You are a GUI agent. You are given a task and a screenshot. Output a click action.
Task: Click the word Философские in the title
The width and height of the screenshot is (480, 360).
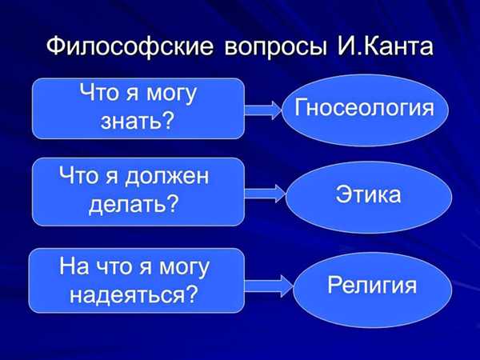coord(130,46)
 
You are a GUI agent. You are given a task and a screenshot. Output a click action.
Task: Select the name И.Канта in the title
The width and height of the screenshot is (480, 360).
coord(385,46)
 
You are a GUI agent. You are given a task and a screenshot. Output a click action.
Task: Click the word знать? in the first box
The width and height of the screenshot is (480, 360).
coord(137,121)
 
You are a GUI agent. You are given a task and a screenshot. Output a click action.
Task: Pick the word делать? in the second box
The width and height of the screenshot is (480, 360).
coord(134,204)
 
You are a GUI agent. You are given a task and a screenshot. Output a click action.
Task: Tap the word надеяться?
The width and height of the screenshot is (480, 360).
coord(133,295)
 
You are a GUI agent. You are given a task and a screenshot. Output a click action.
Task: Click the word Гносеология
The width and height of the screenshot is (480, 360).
coord(364,108)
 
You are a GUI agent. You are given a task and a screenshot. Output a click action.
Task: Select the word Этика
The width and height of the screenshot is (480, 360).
coord(368,194)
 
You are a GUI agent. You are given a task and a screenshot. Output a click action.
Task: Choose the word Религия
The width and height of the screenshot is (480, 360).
coord(372,286)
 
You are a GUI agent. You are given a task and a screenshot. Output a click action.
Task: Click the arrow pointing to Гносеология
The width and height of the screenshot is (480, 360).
coord(263,110)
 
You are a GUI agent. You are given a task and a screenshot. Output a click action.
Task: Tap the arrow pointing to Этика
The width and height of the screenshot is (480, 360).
coord(265,194)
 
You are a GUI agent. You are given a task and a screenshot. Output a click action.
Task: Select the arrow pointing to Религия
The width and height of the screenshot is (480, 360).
coord(269,286)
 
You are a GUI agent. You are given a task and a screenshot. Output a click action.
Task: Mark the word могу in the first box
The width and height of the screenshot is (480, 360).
coord(171,94)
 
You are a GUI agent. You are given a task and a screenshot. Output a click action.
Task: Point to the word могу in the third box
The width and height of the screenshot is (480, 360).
coord(184,267)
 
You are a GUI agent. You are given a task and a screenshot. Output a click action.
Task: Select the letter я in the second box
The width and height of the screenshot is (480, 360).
coord(111,178)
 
